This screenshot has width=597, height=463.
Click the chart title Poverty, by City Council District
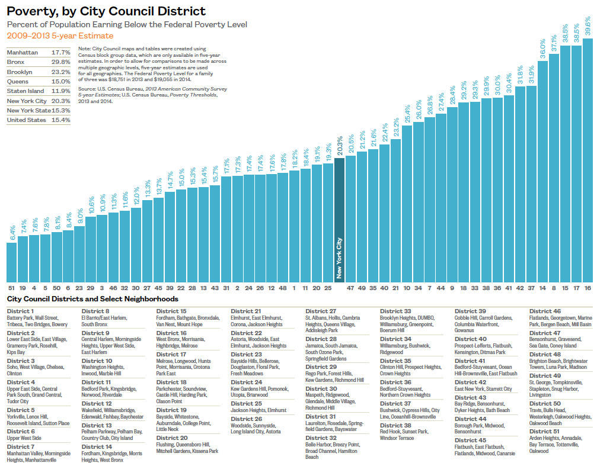106,11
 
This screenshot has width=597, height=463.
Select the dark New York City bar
339,219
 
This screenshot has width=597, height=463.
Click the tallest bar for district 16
588,160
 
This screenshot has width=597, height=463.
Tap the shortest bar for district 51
11,261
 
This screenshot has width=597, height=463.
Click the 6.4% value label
12,233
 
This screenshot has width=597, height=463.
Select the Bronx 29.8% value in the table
60,62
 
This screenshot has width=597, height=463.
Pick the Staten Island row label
25,91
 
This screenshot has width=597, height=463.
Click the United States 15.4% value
60,120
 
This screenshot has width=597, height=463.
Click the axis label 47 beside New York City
350,287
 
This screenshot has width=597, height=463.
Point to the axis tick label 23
79,287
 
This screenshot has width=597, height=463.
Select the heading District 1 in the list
20,311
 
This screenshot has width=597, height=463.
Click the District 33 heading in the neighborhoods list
395,311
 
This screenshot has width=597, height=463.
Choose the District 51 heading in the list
545,431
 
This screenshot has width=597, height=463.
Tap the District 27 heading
321,311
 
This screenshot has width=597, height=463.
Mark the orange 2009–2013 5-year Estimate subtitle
60,36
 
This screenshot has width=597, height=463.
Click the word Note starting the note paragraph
84,49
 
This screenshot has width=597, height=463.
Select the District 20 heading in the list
171,438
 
